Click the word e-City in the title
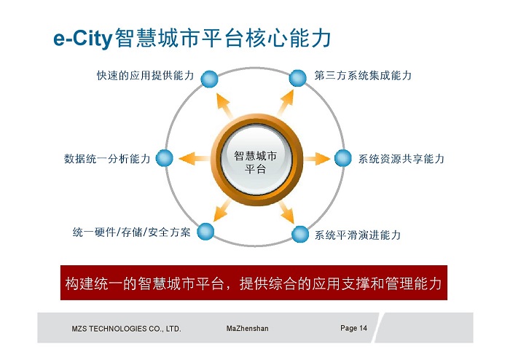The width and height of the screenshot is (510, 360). tap(83, 39)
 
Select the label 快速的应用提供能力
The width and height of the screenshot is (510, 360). tap(146, 76)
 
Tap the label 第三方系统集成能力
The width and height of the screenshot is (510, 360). tap(363, 76)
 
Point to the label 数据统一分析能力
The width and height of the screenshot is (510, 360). tap(107, 159)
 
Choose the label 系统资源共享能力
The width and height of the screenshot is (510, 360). tap(401, 159)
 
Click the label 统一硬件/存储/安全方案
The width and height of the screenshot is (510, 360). tap(131, 232)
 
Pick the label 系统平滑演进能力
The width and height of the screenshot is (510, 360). tap(358, 235)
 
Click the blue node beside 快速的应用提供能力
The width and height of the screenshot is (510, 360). tap(209, 79)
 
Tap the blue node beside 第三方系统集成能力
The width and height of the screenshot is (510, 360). tap(297, 78)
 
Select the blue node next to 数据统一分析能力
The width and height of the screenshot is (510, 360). tap(164, 158)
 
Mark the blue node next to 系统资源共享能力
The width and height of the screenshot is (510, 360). tap(343, 158)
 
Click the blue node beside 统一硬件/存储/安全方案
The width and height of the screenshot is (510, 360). tap(205, 232)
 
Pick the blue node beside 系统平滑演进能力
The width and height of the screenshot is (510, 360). tap(300, 234)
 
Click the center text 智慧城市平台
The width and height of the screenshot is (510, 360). tap(255, 163)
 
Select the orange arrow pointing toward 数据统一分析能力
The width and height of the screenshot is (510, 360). tap(195, 159)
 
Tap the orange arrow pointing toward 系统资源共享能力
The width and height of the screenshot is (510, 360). tap(317, 159)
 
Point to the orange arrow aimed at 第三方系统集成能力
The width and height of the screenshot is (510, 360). tap(286, 103)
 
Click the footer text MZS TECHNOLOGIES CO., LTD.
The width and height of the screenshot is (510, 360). tap(126, 329)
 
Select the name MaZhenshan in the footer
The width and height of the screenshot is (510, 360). tap(248, 329)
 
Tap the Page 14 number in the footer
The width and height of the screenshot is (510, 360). tap(353, 328)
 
